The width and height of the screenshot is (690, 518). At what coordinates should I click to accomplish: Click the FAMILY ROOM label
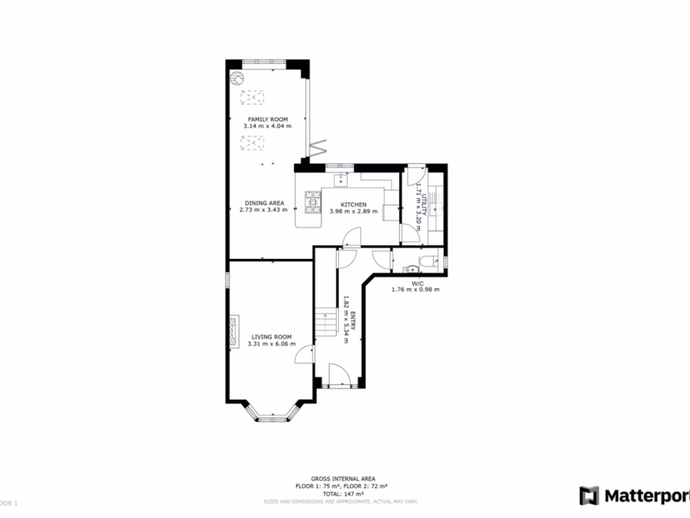point(268,119)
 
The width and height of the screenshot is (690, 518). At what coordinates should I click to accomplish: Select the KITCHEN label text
point(353,204)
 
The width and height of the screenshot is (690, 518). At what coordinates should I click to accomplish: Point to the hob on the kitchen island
point(313,202)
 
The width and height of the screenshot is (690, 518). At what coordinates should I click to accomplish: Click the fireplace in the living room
point(232,332)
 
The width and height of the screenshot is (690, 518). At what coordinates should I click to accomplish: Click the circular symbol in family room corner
point(237,79)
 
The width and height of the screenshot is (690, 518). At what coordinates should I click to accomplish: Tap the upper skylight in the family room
point(253,98)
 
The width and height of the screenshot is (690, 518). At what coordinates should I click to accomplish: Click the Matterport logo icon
point(590,495)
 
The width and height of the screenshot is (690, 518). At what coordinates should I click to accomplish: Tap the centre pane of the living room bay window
point(272,418)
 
